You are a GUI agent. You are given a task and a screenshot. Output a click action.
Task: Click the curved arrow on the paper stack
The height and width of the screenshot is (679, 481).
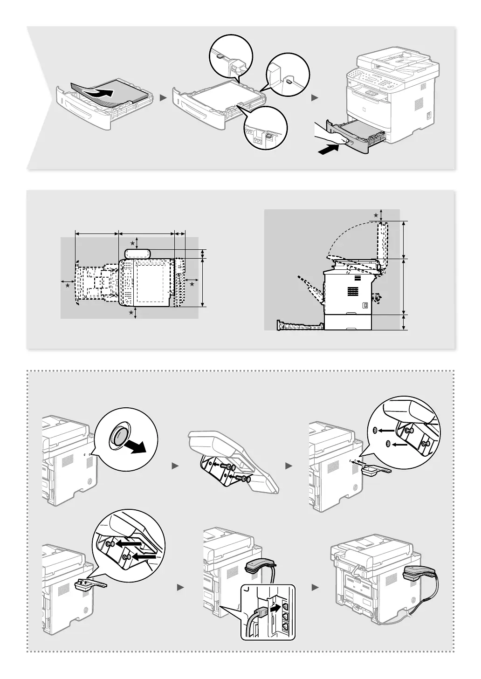point(101,92)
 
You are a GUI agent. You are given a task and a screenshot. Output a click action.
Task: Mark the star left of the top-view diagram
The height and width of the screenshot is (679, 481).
point(68,284)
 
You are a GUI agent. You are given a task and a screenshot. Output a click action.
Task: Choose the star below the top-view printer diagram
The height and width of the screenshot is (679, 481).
point(131,313)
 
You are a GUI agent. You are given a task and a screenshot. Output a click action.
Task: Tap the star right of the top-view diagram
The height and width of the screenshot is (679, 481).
point(192,283)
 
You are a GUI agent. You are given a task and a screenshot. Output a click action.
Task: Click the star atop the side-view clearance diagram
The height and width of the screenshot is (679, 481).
point(376,214)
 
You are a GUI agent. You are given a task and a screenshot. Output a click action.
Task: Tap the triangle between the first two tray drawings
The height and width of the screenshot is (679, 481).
point(163,98)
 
